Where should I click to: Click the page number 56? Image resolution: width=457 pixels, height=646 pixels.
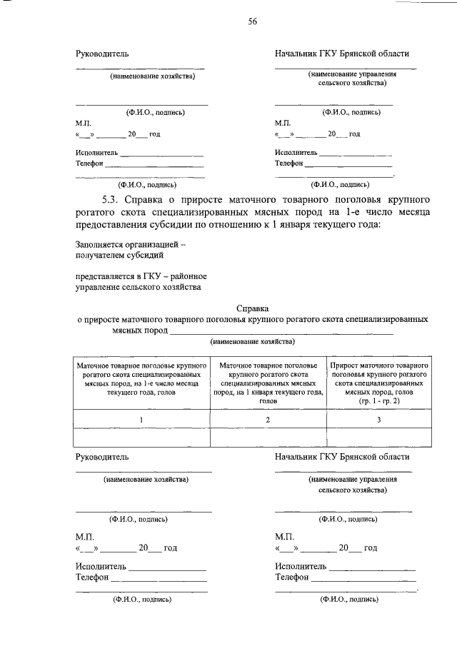252,21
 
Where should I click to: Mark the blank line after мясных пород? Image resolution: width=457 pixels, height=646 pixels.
282,331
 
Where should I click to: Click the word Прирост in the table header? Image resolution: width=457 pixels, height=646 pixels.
346,364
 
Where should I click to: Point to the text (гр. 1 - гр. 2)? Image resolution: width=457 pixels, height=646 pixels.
379,401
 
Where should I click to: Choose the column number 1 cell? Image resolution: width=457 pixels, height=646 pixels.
141,420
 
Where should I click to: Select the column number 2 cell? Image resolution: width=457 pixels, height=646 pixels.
268,420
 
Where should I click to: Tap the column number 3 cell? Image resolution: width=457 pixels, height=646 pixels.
379,420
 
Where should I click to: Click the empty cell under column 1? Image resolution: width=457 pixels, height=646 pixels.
141,437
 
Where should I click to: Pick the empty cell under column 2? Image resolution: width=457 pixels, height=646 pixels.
268,437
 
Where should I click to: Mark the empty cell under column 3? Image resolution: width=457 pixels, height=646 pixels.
379,437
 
